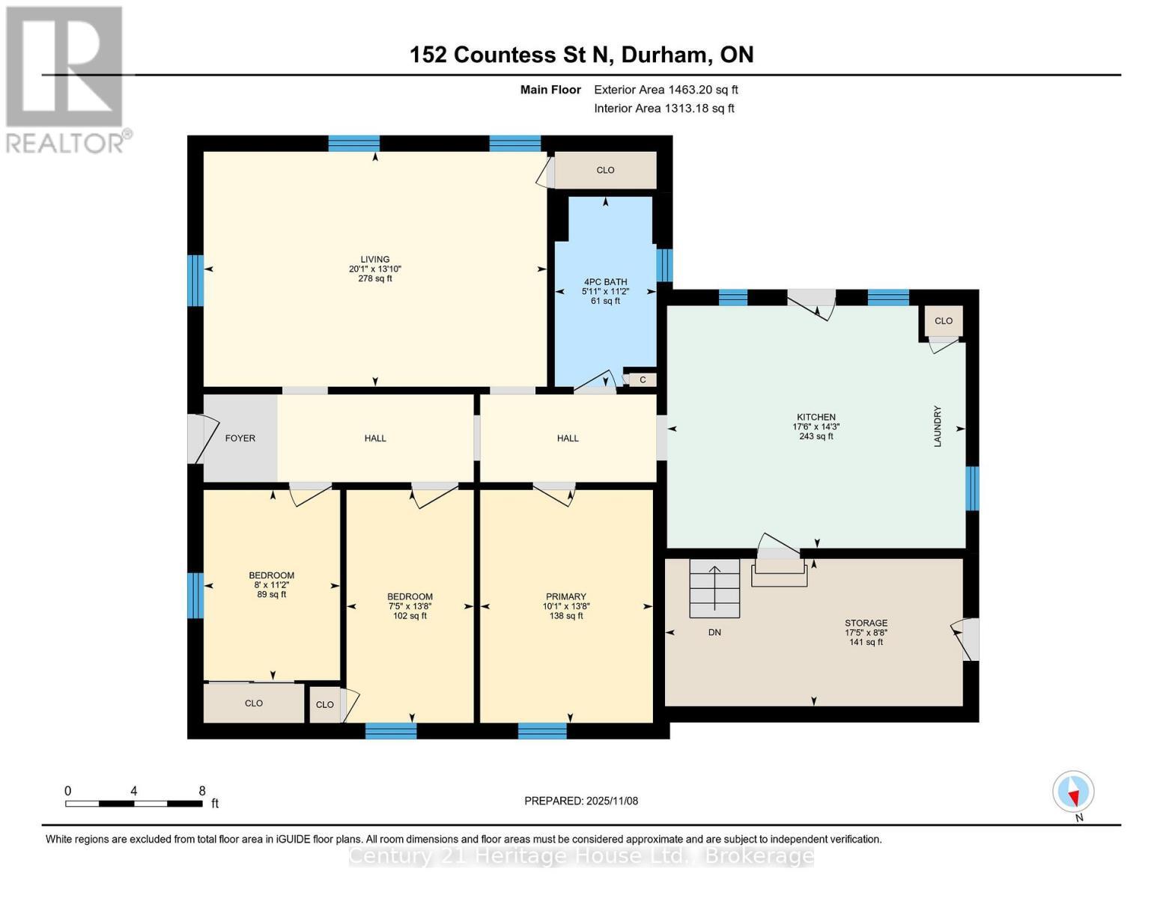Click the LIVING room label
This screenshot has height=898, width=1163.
click(374, 260)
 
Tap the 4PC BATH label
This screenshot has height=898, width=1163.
click(605, 282)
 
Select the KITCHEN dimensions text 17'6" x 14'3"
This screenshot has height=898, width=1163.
click(816, 427)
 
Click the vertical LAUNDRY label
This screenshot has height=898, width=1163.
click(937, 427)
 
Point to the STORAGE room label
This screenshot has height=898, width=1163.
click(866, 623)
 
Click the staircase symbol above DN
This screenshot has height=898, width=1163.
click(714, 589)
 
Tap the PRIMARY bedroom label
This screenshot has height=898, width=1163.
click(565, 597)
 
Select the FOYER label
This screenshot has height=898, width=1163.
click(240, 439)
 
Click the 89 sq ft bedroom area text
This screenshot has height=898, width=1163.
click(271, 594)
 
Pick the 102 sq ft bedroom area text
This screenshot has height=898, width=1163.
click(410, 616)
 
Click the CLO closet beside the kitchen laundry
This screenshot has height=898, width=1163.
click(943, 321)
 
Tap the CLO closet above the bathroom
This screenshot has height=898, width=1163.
click(605, 171)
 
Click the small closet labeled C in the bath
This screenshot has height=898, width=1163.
click(642, 380)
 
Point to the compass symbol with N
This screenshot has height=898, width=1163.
click(1073, 792)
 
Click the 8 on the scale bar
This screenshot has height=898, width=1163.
click(202, 791)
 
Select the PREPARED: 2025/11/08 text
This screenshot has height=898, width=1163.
click(581, 801)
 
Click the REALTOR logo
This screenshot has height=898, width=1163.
click(65, 79)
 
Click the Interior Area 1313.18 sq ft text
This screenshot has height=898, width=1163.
click(664, 109)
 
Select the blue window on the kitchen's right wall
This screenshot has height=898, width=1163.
click(971, 488)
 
